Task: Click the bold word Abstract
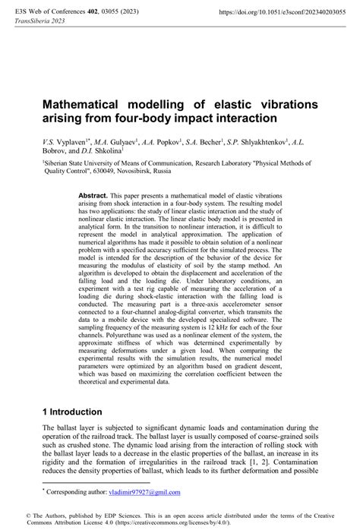tap(93, 195)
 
